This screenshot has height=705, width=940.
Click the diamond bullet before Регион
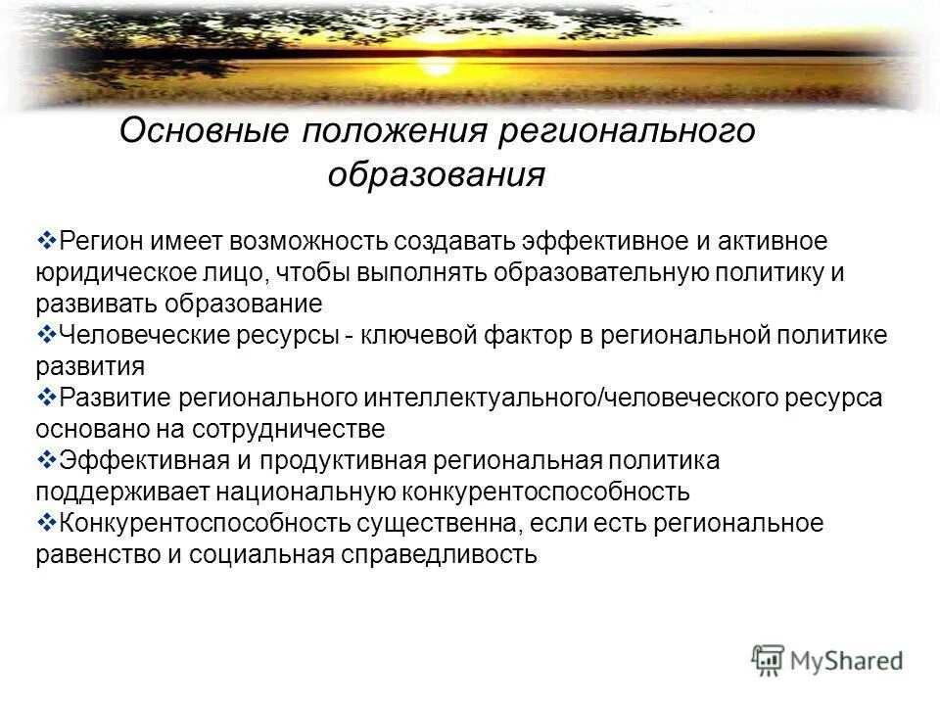click(x=46, y=240)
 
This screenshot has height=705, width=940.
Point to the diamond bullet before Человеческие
click(x=46, y=335)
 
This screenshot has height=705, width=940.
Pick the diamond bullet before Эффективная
click(x=46, y=460)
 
